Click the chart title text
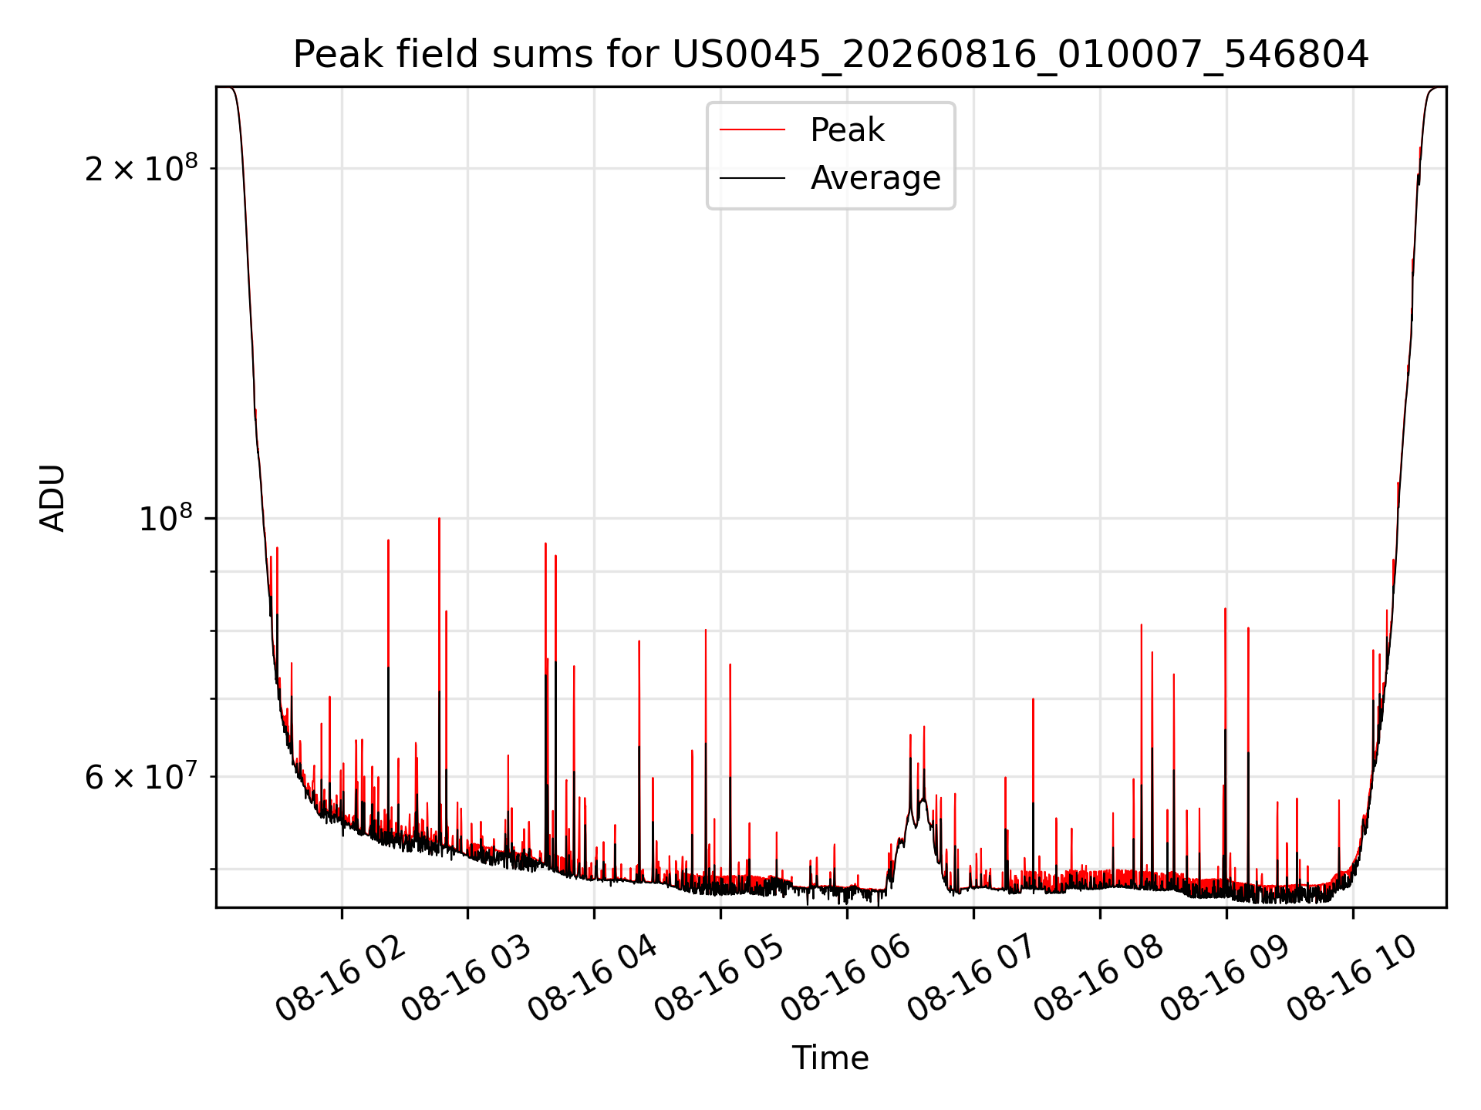pos(831,55)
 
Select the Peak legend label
pos(847,130)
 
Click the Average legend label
pos(875,178)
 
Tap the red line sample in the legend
pos(752,130)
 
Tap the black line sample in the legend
pos(752,178)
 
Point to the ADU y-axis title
pos(52,498)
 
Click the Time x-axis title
pos(831,1058)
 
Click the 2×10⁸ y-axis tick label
pos(141,167)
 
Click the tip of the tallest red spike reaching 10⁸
pos(439,518)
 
